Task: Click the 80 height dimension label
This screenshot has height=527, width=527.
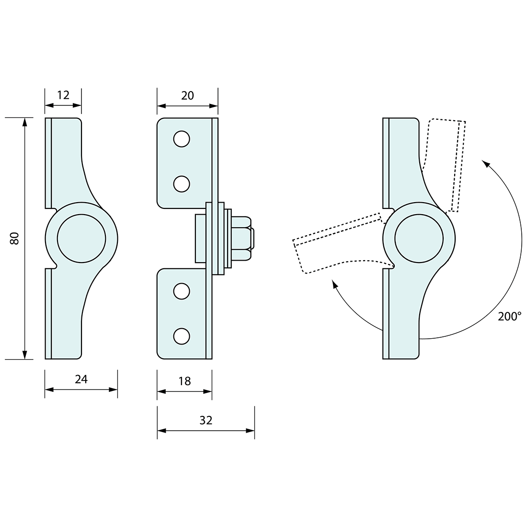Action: tap(15, 238)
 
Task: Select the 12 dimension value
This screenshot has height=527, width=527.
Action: tap(63, 95)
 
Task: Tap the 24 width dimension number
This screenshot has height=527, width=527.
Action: tap(81, 379)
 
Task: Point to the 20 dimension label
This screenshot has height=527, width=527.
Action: tap(187, 95)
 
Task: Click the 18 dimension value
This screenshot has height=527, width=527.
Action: tap(184, 381)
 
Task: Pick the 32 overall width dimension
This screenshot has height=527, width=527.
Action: tap(206, 420)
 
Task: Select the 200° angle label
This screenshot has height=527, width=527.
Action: tap(509, 316)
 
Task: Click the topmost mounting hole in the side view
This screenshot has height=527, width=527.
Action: tap(182, 139)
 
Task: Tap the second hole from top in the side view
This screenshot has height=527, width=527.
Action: tap(182, 183)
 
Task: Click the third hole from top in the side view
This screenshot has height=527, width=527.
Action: tap(182, 291)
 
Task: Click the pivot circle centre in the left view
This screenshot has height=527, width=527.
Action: tap(81, 238)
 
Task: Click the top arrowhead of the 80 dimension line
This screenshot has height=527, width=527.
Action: tap(24, 122)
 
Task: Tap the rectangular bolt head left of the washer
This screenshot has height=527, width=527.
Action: tap(200, 238)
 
